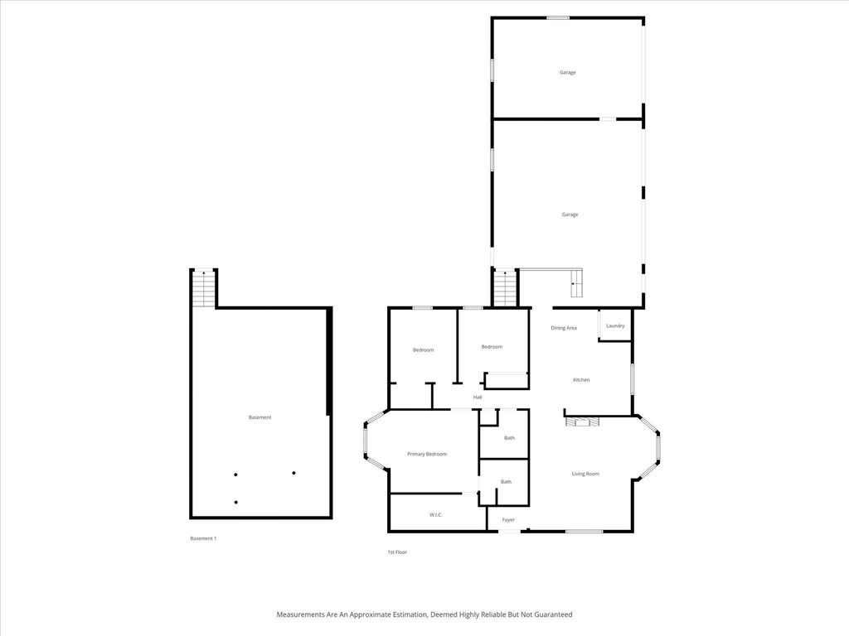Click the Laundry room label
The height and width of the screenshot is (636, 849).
[x=615, y=325]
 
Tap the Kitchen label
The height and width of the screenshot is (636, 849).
[x=581, y=380]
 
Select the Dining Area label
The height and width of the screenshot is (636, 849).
[x=564, y=328]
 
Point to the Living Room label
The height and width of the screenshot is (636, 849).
[x=585, y=474]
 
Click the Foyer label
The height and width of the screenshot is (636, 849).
[x=508, y=520]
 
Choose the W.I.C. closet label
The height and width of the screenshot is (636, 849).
[x=436, y=515]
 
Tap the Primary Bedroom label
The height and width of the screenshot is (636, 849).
[x=427, y=454]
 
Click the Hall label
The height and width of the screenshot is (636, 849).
[x=478, y=397]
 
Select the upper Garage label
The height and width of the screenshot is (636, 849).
[x=567, y=72]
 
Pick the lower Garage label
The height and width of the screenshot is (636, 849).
[x=570, y=214]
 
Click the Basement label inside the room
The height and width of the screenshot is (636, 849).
[x=260, y=417]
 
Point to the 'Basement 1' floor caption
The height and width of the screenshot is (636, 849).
[x=203, y=538]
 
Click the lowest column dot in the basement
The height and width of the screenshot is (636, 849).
[x=236, y=502]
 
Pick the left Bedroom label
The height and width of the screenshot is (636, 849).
[x=423, y=350]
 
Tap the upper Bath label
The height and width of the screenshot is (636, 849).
[x=509, y=438]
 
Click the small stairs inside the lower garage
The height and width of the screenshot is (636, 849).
[x=576, y=287]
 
